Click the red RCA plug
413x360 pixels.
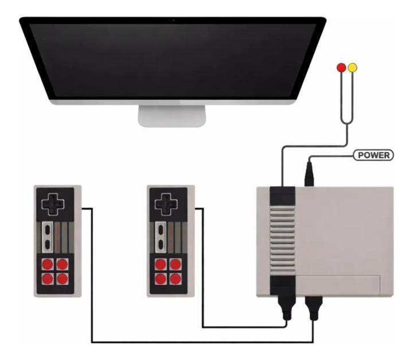pyautogui.click(x=341, y=68)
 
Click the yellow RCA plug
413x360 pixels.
pyautogui.click(x=352, y=68)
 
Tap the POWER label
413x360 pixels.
pyautogui.click(x=373, y=155)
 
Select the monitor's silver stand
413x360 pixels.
pyautogui.click(x=172, y=116)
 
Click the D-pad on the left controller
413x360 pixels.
pyautogui.click(x=53, y=204)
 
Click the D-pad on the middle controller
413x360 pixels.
pyautogui.click(x=166, y=204)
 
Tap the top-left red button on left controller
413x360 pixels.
pyautogui.click(x=48, y=264)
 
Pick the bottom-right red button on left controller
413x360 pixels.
pyautogui.click(x=63, y=279)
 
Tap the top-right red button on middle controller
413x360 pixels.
pyautogui.click(x=176, y=264)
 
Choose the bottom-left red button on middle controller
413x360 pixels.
pyautogui.click(x=161, y=279)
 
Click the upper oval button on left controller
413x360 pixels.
pyautogui.click(x=48, y=230)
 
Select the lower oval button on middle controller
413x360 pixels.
pyautogui.click(x=161, y=245)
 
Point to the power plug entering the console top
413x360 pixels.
pyautogui.click(x=309, y=174)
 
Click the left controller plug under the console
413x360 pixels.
pyautogui.click(x=287, y=308)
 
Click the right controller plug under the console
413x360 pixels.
pyautogui.click(x=313, y=308)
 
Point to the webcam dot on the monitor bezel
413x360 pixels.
pyautogui.click(x=173, y=20)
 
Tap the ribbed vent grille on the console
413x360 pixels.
pyautogui.click(x=283, y=240)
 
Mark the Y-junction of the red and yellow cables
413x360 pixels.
pyautogui.click(x=347, y=123)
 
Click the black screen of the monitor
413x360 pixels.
pyautogui.click(x=173, y=60)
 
